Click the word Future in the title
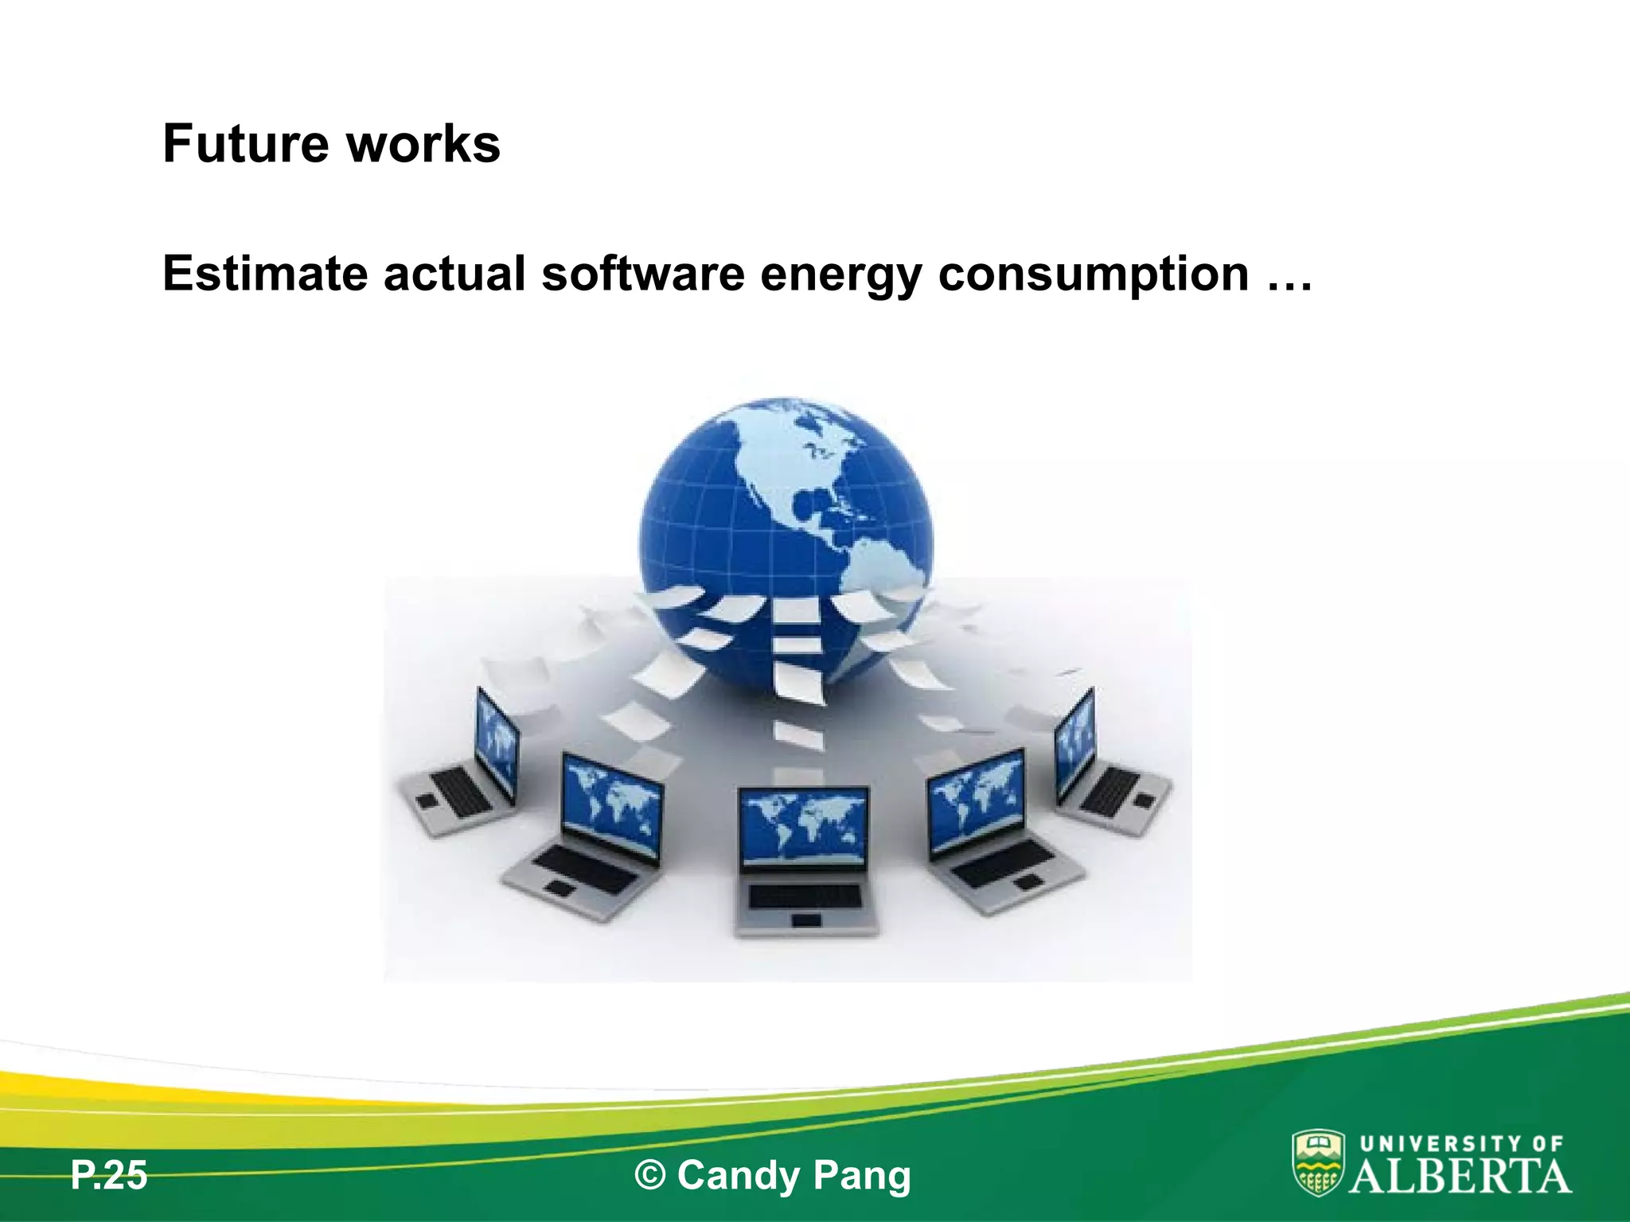[245, 144]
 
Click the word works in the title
[423, 144]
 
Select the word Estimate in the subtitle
[264, 274]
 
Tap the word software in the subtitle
[643, 274]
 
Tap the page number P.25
[109, 1175]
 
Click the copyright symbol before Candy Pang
[650, 1175]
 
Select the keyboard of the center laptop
[805, 896]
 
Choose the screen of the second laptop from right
[977, 800]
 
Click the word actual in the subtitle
[454, 274]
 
